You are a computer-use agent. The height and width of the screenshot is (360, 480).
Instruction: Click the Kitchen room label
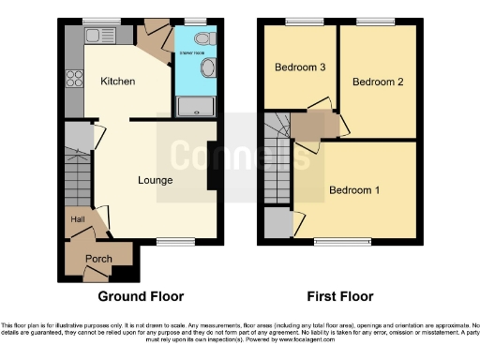pyautogui.click(x=118, y=82)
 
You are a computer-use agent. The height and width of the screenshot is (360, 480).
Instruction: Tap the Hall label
pyautogui.click(x=77, y=219)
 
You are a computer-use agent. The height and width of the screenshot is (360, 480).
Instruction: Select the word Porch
pyautogui.click(x=98, y=259)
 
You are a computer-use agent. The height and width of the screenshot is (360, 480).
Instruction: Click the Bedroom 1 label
pyautogui.click(x=354, y=191)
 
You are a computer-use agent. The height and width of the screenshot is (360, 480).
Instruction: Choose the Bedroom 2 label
pyautogui.click(x=378, y=82)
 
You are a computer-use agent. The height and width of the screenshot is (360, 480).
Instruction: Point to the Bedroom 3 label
pyautogui.click(x=300, y=67)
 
